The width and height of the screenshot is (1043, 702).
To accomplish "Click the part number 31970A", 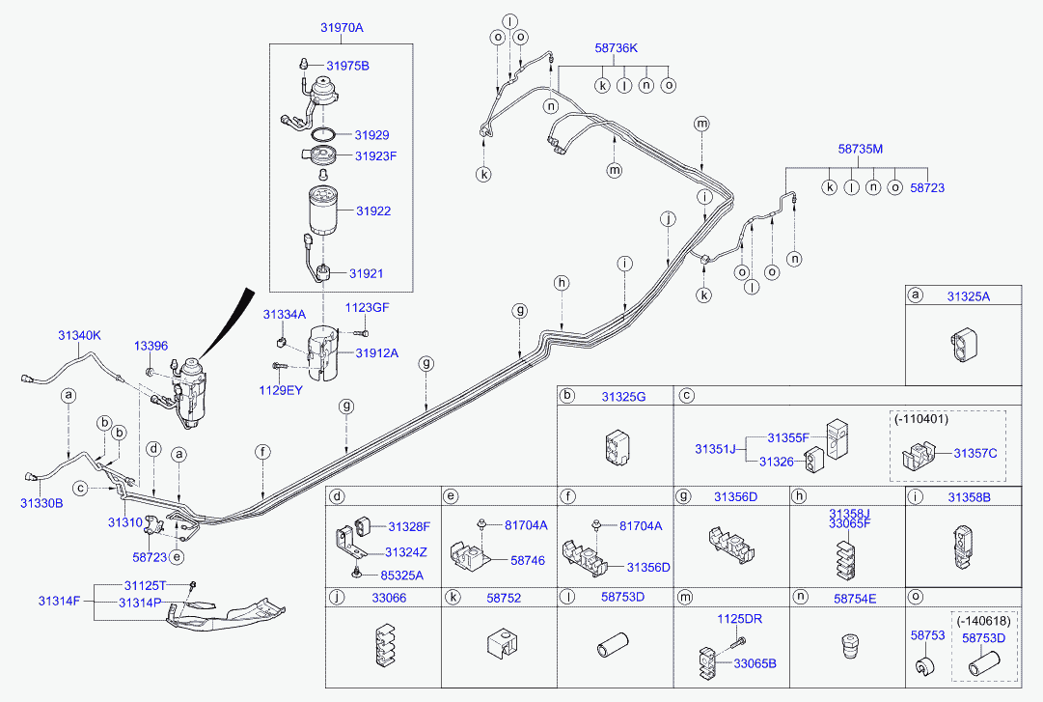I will click(342, 28).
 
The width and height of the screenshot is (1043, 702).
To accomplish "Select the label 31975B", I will click(347, 66).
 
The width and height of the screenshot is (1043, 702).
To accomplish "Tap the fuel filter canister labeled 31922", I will click(319, 211).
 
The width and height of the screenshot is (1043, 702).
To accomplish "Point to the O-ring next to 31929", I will click(324, 134).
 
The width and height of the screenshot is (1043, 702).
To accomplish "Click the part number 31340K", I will click(78, 335).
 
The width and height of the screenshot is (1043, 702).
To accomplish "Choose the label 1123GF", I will click(368, 307).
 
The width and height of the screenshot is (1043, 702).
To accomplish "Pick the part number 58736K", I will click(617, 46).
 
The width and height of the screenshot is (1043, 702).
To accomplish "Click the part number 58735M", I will click(860, 149).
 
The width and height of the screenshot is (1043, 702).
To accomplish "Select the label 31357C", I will click(975, 453).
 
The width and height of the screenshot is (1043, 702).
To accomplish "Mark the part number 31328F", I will click(409, 526).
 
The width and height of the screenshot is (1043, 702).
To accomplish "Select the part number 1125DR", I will click(739, 618).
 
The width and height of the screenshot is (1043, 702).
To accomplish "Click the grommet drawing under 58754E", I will click(849, 645).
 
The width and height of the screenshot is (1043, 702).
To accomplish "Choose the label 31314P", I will click(141, 603).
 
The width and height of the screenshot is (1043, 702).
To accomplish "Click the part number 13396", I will click(151, 346).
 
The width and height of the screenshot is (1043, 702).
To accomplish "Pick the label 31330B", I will click(41, 503).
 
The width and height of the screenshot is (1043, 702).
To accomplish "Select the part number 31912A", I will click(376, 353).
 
